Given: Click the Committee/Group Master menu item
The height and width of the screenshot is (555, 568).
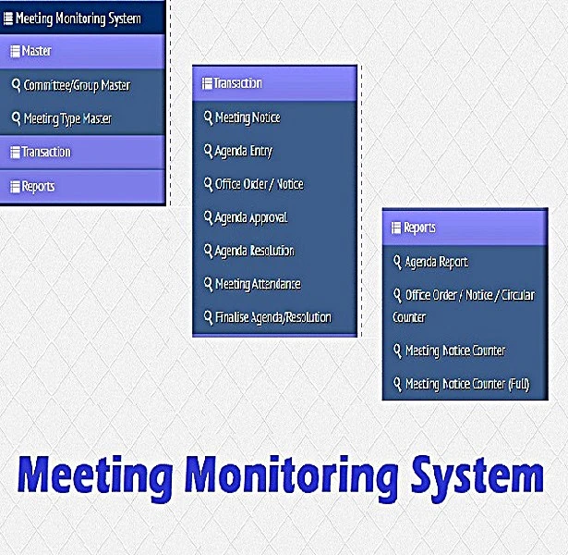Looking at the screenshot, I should (77, 85).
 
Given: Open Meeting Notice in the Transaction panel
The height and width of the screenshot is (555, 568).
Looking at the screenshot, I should (247, 117).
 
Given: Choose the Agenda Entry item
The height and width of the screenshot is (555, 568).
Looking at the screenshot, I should (243, 151).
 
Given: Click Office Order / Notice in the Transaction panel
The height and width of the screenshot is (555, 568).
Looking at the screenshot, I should (259, 184).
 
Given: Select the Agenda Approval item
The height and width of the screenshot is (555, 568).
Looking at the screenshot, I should (250, 217).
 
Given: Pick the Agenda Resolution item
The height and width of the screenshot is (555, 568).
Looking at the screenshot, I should (254, 251).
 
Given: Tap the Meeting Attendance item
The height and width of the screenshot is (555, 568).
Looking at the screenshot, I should (257, 284).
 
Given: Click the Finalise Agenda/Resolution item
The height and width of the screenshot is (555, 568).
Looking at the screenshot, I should (272, 317).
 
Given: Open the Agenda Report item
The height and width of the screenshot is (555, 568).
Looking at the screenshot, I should (436, 262).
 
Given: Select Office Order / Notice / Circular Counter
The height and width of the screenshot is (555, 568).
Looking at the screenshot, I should (469, 305).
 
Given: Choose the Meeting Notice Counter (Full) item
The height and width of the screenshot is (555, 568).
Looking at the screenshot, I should (466, 384).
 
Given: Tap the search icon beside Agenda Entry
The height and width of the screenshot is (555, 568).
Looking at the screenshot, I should (208, 151).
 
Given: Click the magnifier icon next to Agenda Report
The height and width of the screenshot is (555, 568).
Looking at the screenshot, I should (397, 262).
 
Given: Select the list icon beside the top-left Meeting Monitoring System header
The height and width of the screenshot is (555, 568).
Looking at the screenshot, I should (8, 18).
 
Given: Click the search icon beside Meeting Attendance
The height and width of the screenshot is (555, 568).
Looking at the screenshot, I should (208, 284).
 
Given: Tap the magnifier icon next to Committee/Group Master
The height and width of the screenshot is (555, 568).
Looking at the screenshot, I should (16, 85).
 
